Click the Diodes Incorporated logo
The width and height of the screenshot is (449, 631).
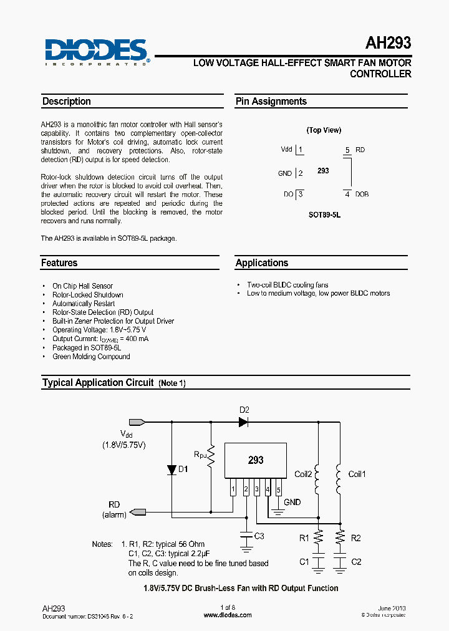(x=95, y=52)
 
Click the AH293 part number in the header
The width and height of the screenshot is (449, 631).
(x=388, y=44)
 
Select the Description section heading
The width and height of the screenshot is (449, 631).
(x=66, y=102)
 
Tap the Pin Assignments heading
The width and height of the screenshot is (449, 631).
(x=271, y=102)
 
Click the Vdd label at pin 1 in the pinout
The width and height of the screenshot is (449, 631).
(x=286, y=150)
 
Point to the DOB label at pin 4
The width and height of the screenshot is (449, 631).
(x=362, y=194)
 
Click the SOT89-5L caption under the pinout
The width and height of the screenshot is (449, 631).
(x=324, y=214)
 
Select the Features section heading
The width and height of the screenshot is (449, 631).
(x=59, y=263)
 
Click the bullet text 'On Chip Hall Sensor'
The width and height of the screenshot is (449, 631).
(x=82, y=286)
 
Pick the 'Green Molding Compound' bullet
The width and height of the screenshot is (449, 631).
(x=91, y=357)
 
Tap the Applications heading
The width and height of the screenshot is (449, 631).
(x=262, y=263)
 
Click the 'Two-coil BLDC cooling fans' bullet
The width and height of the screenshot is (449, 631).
(x=287, y=285)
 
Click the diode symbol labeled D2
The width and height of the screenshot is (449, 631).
(x=243, y=422)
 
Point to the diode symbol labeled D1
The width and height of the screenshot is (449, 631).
(x=171, y=470)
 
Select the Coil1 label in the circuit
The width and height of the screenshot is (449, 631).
(x=357, y=474)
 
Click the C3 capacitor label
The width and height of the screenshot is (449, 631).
(x=259, y=536)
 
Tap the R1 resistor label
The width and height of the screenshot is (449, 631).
(x=304, y=537)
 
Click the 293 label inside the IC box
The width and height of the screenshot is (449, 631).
(x=256, y=460)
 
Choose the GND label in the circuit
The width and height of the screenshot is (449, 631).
(x=292, y=502)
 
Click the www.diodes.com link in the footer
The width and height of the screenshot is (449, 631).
(x=228, y=615)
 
